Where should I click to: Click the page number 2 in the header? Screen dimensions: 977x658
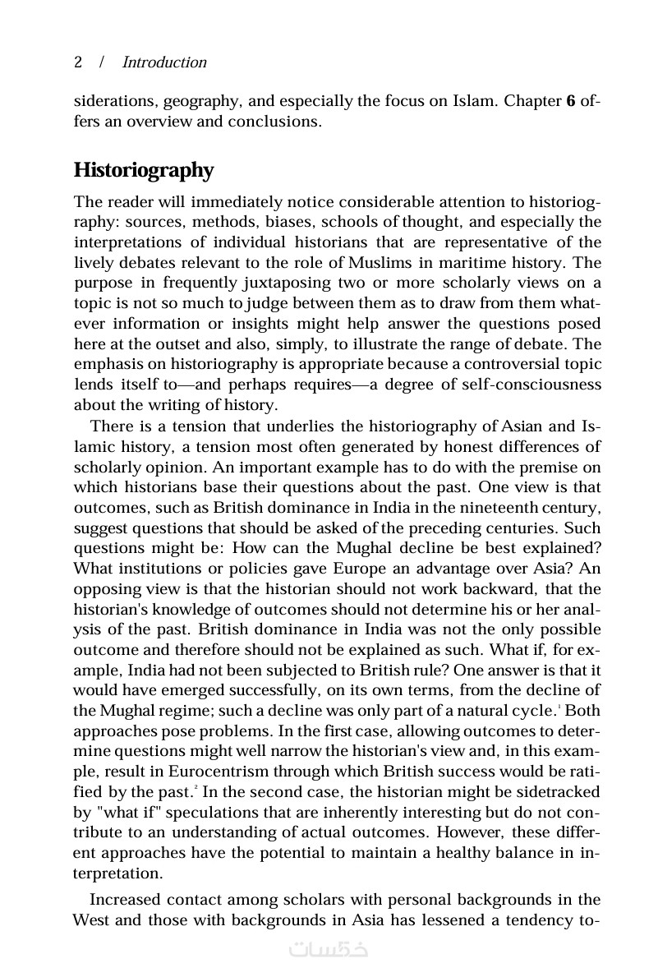pyautogui.click(x=78, y=62)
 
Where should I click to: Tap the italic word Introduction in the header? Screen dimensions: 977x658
pyautogui.click(x=164, y=62)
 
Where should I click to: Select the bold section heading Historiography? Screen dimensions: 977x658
pyautogui.click(x=144, y=170)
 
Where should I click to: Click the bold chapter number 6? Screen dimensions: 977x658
pyautogui.click(x=570, y=102)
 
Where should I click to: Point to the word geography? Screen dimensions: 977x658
pyautogui.click(x=200, y=102)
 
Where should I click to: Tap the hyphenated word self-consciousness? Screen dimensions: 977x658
pyautogui.click(x=522, y=385)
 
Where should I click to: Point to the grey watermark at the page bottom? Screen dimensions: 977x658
pyautogui.click(x=329, y=949)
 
